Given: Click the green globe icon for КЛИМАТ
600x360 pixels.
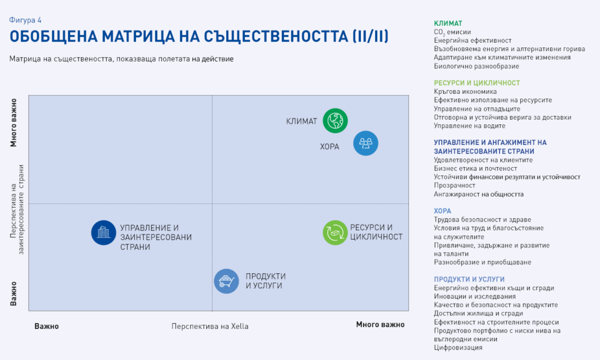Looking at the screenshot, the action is tap(335, 121).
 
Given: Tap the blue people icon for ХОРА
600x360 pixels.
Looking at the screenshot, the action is tap(366, 143).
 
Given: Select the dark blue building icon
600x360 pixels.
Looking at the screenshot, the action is tap(104, 232).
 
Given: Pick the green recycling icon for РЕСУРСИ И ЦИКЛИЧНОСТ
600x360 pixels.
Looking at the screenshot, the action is tap(335, 232).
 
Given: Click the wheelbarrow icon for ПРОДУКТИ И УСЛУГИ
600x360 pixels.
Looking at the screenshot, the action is tap(227, 281).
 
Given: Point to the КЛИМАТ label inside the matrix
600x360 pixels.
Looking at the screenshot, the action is tap(302, 121).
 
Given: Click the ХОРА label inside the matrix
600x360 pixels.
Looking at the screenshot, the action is tap(329, 147).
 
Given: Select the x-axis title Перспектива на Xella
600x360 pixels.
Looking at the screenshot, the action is tap(210, 327).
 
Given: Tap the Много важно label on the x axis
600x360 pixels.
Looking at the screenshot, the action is tap(380, 325).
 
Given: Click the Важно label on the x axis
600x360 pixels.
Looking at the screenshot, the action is tap(47, 327).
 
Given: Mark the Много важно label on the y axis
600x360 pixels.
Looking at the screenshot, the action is tap(13, 123).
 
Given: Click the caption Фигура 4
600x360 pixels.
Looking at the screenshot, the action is tap(25, 20).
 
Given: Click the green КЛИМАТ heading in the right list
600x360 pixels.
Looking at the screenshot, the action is tap(448, 23).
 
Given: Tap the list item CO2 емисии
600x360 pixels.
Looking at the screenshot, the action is tap(452, 32).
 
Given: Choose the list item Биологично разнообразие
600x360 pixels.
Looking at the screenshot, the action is tap(476, 66).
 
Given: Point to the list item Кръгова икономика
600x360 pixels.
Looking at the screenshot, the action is tap(465, 91).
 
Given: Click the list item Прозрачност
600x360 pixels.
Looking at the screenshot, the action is tap(455, 185).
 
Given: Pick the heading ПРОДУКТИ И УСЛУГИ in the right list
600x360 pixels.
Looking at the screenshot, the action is tap(469, 280).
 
